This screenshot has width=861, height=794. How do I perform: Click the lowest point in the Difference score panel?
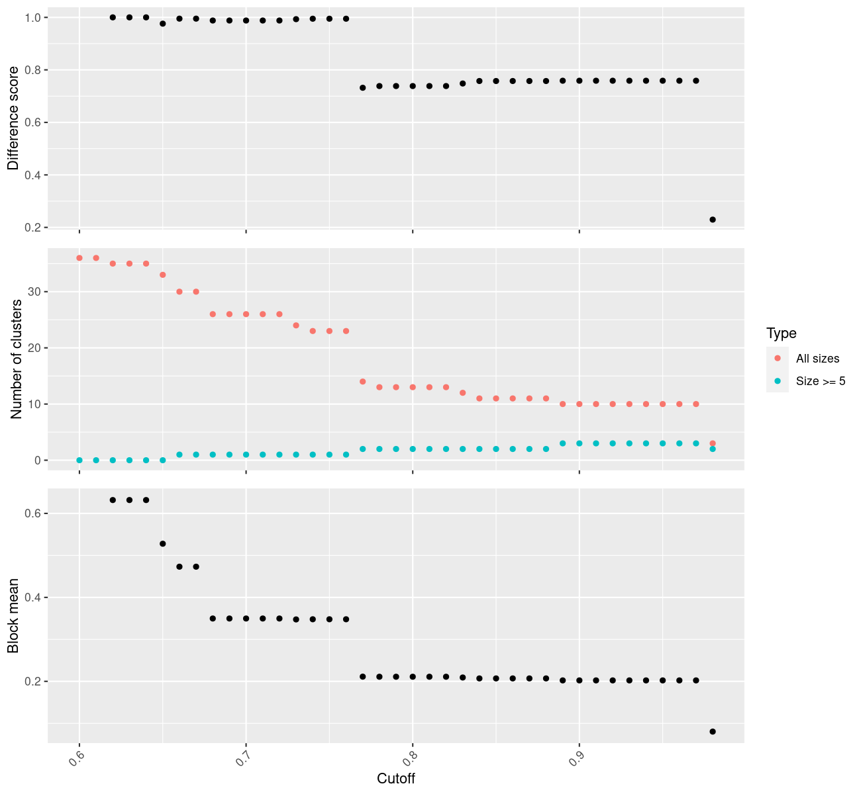click(x=713, y=220)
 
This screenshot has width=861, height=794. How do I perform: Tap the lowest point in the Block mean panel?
click(x=713, y=731)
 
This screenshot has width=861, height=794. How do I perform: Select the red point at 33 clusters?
click(x=163, y=275)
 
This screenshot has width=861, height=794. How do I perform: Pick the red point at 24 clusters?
click(x=296, y=326)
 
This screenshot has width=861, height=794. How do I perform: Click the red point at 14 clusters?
click(x=363, y=382)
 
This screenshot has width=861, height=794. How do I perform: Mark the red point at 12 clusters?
click(x=463, y=393)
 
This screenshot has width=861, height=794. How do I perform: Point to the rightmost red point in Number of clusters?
click(x=713, y=443)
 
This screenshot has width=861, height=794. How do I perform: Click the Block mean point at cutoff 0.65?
click(x=163, y=543)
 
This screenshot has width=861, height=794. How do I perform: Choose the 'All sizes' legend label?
click(x=817, y=359)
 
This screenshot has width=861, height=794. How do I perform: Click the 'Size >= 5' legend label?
click(x=821, y=381)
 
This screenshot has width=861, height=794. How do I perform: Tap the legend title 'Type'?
click(x=781, y=333)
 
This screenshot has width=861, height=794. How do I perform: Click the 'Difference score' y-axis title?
click(x=13, y=118)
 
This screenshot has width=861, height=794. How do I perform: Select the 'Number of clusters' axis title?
click(x=17, y=359)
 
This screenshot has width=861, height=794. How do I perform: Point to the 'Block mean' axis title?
click(x=13, y=615)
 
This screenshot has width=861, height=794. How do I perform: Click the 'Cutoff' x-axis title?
click(x=396, y=779)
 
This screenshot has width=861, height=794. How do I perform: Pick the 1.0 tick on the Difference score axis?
click(x=33, y=17)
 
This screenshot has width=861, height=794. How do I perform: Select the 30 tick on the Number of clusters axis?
click(x=34, y=292)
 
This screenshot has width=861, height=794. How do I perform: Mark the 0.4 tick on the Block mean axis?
click(x=33, y=597)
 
